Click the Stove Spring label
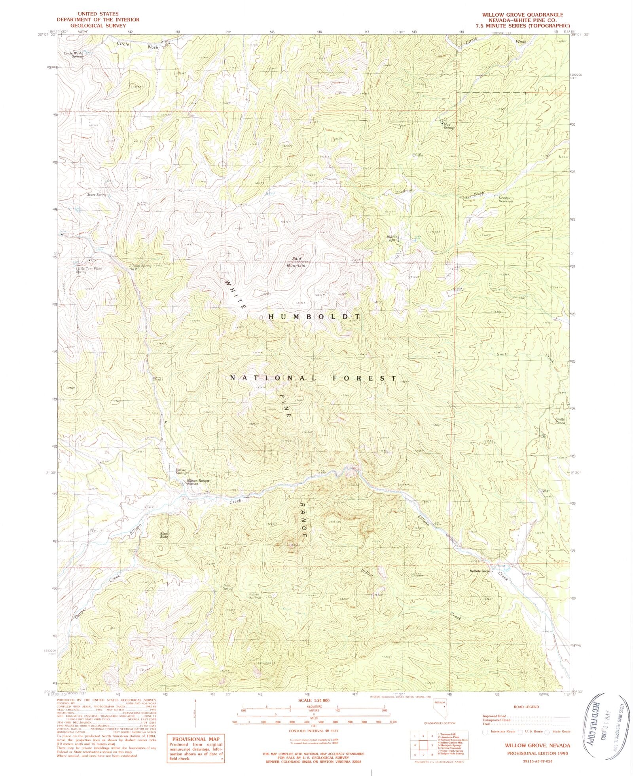tap(96, 195)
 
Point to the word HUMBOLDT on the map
tap(315, 317)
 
